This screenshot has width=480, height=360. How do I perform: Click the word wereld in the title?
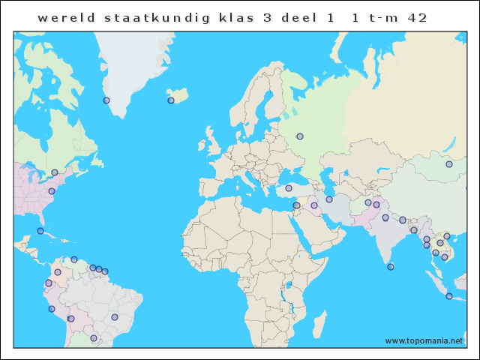tap(64, 18)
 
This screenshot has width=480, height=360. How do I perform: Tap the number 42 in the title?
tap(417, 18)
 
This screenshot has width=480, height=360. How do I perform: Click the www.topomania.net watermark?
tap(424, 340)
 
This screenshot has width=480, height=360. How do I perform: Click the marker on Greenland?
tap(106, 100)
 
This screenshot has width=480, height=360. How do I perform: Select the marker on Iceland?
tap(171, 100)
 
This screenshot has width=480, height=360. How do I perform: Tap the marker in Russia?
tap(300, 136)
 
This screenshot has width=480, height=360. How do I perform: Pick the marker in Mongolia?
tap(448, 164)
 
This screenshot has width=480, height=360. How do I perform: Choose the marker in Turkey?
tap(289, 188)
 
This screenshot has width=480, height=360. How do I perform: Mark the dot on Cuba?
tap(40, 231)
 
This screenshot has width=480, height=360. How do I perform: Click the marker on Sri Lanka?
tap(391, 266)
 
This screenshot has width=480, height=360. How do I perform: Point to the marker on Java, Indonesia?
tap(449, 296)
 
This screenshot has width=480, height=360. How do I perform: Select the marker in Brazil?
tap(115, 317)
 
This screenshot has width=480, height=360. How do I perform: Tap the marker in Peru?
tap(52, 309)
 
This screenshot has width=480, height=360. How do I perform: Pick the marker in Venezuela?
tap(74, 259)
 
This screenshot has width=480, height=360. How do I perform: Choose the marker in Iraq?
tap(314, 205)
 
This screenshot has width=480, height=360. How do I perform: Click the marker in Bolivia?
tap(71, 319)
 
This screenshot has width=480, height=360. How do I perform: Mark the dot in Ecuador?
tap(49, 283)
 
